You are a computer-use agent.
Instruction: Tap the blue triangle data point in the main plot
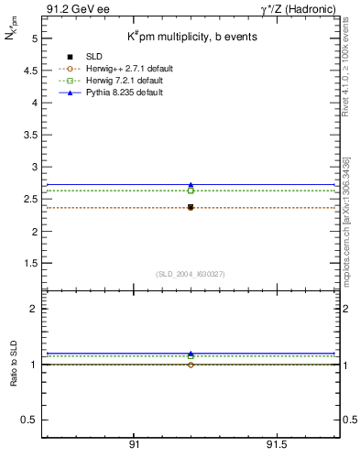point(191,185)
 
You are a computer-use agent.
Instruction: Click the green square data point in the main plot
point(191,191)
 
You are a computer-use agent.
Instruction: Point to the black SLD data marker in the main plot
point(191,208)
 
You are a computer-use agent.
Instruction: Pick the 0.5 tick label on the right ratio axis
point(348,420)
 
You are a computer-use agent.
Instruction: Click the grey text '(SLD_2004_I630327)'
point(191,274)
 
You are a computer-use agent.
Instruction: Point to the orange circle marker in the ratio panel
point(191,365)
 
